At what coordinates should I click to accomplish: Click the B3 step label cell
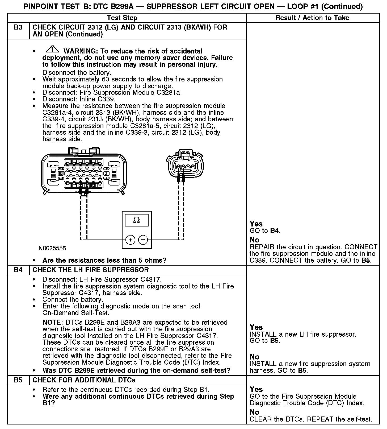(18, 27)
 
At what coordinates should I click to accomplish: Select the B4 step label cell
(18, 270)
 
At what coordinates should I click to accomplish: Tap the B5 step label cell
(18, 380)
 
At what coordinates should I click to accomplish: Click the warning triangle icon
(52, 49)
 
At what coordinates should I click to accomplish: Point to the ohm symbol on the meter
(137, 220)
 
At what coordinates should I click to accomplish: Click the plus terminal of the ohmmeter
(130, 240)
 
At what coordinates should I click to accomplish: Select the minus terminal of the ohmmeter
(143, 240)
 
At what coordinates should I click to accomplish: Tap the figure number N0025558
(52, 248)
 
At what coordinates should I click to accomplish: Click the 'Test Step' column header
(122, 18)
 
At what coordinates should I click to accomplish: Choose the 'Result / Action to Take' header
(312, 18)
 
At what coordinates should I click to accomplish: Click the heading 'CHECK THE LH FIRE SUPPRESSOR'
(91, 270)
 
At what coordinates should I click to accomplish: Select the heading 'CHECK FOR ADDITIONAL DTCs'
(84, 380)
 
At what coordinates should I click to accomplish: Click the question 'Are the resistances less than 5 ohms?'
(104, 260)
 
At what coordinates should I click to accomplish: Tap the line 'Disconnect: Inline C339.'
(79, 99)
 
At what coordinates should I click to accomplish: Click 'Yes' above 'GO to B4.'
(256, 224)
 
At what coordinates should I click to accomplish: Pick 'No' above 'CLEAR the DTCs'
(254, 412)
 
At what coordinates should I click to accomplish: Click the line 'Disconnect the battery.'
(77, 72)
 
